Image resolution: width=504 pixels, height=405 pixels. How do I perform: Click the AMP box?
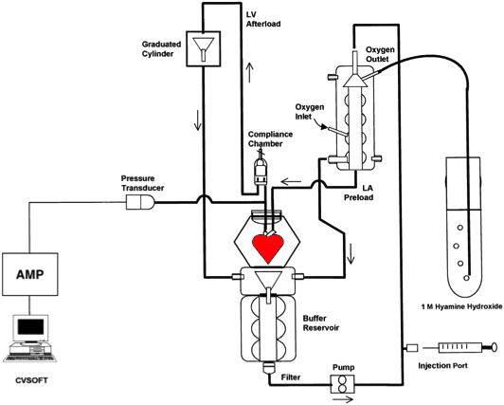tap(30, 274)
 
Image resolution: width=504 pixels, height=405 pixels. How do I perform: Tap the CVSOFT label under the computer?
tap(31, 380)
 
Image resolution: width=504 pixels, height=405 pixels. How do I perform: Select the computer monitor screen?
tap(30, 327)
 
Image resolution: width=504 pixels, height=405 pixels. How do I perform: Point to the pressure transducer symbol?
tap(140, 203)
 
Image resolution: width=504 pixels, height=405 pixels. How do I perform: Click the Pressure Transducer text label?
tap(142, 183)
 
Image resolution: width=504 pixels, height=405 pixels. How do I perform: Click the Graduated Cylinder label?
tap(162, 49)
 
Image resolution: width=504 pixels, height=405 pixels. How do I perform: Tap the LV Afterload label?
tap(263, 19)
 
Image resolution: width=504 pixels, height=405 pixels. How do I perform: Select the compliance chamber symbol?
tap(261, 171)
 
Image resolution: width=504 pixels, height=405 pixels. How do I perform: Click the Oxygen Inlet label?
tap(310, 111)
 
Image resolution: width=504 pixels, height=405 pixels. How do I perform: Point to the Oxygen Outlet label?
tap(380, 54)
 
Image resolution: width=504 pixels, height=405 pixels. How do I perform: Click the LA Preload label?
tap(359, 193)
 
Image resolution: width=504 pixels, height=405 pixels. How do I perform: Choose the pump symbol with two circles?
tap(343, 383)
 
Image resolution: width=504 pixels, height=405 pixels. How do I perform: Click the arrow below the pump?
tap(343, 400)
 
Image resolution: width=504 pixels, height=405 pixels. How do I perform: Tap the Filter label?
tap(291, 377)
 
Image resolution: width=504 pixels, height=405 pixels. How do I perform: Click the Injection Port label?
tap(443, 365)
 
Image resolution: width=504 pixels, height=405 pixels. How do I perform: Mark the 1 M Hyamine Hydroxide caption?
tap(461, 306)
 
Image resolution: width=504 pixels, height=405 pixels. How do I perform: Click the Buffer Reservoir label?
tap(321, 323)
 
